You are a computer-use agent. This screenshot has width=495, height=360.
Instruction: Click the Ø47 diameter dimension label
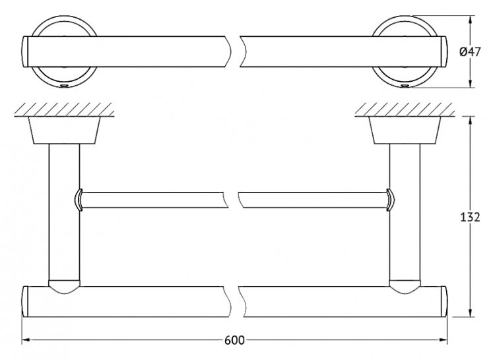[x=470, y=51]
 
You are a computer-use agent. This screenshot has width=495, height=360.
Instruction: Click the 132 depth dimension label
[x=470, y=217]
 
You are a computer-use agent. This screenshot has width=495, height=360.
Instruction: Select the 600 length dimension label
[x=234, y=340]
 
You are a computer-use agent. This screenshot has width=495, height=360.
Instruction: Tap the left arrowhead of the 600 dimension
[x=26, y=340]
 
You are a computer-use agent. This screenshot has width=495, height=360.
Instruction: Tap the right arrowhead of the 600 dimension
[x=443, y=340]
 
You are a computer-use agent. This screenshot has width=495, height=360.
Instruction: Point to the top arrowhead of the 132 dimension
[x=471, y=121]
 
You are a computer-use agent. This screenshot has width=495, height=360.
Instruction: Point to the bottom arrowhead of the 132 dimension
[x=471, y=312]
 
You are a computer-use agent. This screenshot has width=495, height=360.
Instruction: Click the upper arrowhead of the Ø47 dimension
[x=471, y=20]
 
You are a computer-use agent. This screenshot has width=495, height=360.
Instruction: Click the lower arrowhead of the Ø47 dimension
[x=471, y=83]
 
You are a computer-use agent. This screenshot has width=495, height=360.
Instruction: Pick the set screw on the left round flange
[x=65, y=86]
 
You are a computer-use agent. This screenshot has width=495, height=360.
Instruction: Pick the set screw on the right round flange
[x=405, y=86]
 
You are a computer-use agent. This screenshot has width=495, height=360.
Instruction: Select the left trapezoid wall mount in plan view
[x=65, y=130]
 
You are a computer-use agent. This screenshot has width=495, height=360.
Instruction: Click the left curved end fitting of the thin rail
[x=79, y=200]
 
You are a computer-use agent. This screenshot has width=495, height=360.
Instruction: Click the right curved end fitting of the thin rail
[x=391, y=200]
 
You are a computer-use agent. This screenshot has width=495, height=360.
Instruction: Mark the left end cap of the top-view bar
[x=26, y=51]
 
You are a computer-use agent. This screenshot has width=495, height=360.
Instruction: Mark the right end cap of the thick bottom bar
[x=444, y=301]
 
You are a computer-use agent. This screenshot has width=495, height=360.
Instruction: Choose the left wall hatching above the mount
[x=64, y=109]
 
